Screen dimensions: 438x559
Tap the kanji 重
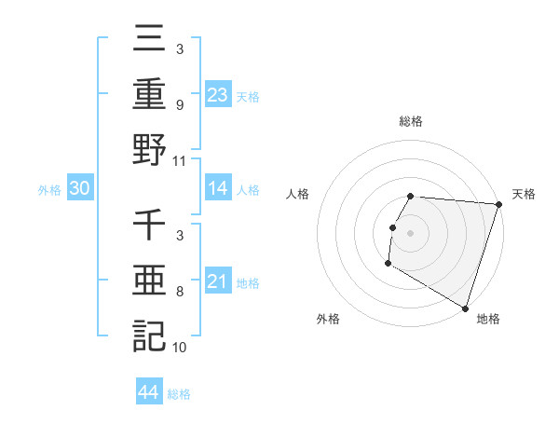pos(149,94)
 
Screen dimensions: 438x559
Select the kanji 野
pos(149,149)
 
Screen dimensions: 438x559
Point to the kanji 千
pos(149,226)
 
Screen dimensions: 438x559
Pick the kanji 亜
pos(149,281)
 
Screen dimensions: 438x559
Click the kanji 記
pos(149,335)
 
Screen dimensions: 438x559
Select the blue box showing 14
pos(218,188)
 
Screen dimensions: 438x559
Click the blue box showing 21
pos(218,281)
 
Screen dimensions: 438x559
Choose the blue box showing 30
pos(80,188)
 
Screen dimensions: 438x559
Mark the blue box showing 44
pos(149,392)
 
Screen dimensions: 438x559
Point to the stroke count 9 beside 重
pos(179,105)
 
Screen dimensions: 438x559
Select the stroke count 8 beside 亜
pos(179,292)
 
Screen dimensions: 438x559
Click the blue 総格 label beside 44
pos(179,394)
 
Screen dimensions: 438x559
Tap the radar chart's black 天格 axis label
pos(524,194)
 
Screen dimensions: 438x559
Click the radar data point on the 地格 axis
pos(465,308)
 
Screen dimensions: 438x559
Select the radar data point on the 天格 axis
pos(498,204)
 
